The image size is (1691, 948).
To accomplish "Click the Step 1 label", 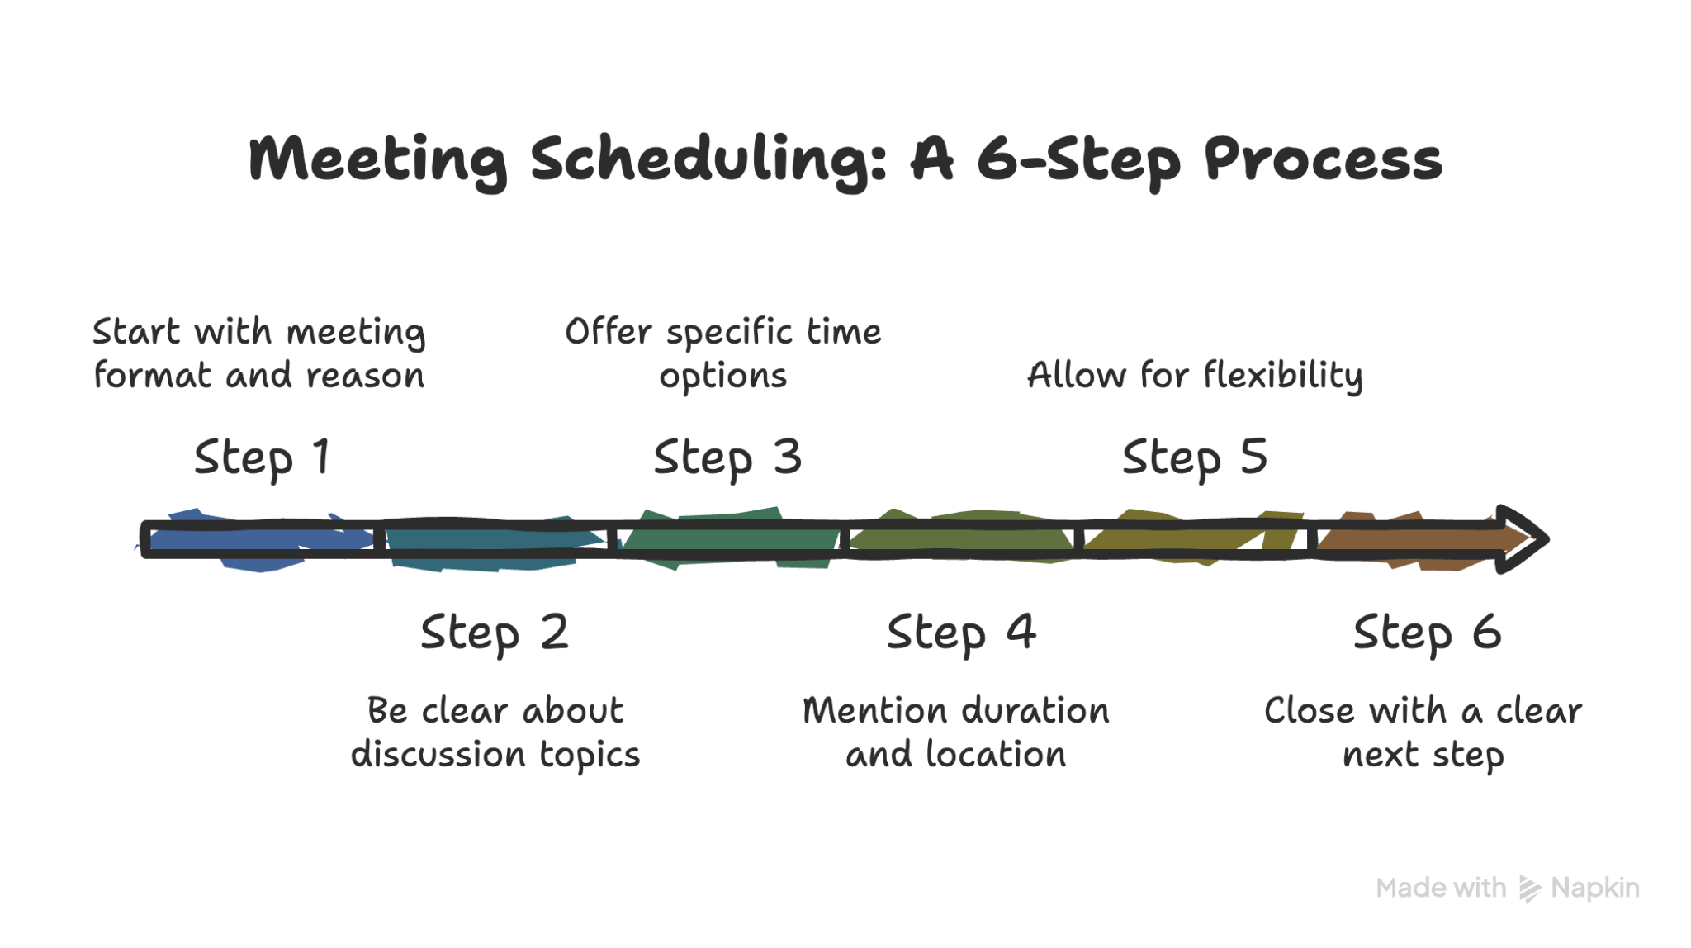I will [x=263, y=458].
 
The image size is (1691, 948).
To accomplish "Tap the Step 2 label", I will [x=495, y=633].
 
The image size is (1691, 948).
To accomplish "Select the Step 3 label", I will [x=727, y=458].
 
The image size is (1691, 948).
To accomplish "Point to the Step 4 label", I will [x=961, y=633].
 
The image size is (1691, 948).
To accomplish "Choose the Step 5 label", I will [x=1195, y=458].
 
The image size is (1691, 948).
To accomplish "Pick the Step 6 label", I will [x=1428, y=633].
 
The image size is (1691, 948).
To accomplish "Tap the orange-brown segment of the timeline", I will [x=1404, y=540].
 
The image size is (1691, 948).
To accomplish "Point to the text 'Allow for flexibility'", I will [x=1195, y=376].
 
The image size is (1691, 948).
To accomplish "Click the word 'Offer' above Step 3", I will [x=609, y=332].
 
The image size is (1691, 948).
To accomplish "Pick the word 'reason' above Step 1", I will [x=365, y=376].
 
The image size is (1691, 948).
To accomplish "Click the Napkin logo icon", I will [x=1529, y=889].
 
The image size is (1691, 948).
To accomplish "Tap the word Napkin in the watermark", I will [x=1595, y=888].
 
